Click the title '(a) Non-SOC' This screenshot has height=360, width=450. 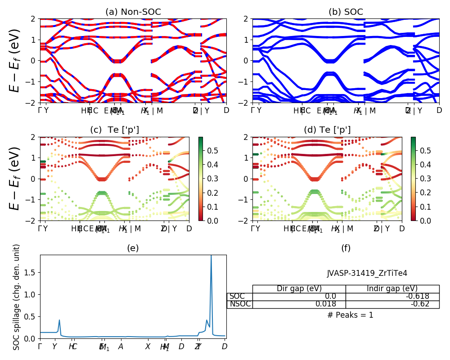tap(133, 12)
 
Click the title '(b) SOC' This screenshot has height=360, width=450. tap(346, 12)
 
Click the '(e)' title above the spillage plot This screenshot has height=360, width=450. tap(133, 248)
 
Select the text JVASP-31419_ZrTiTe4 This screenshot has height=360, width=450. tap(367, 273)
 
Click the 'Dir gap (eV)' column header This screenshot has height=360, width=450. tap(299, 289)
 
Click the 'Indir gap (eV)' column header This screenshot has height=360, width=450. tap(392, 289)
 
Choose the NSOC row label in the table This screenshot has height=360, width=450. tap(240, 304)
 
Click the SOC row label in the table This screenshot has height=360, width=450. tap(237, 297)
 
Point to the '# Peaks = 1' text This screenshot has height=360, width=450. tap(350, 315)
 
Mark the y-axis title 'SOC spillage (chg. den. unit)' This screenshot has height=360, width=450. tap(17, 297)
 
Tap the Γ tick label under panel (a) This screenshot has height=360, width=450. tap(40, 110)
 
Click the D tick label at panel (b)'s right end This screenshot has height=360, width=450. tap(439, 110)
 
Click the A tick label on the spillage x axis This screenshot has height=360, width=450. tap(121, 346)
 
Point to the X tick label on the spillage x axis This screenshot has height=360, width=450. tap(148, 346)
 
